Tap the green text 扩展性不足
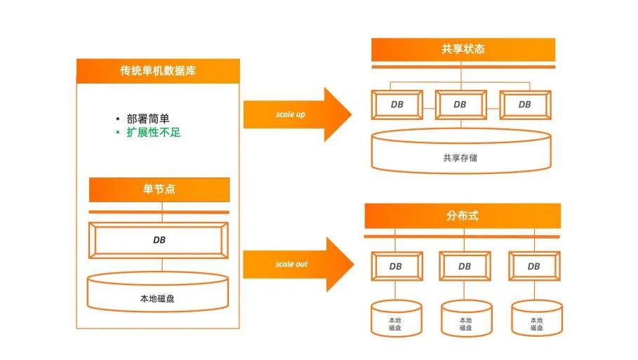click(154, 132)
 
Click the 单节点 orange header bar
click(159, 189)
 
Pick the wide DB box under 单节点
click(159, 240)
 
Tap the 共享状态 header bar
click(463, 50)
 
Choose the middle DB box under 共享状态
click(460, 105)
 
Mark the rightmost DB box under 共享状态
click(524, 105)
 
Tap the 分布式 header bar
click(463, 215)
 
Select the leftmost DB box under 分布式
click(396, 267)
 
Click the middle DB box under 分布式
click(465, 267)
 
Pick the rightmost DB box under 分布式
click(533, 267)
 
